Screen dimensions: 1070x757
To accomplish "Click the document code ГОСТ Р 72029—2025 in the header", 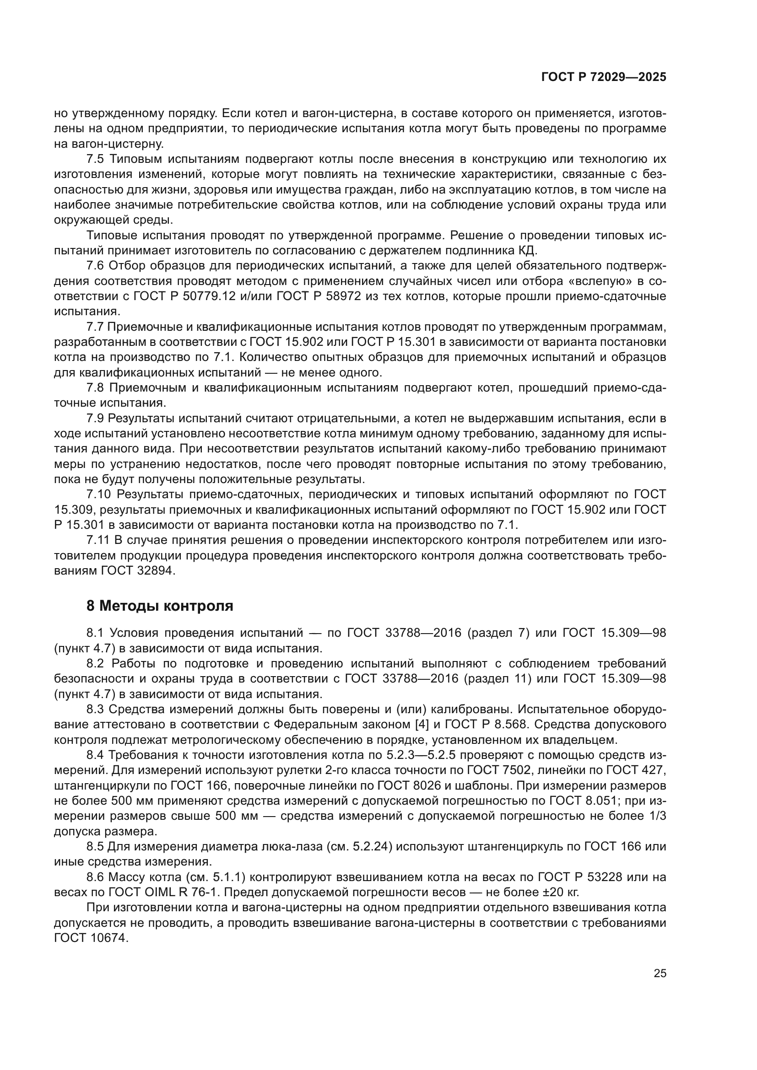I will [x=604, y=77].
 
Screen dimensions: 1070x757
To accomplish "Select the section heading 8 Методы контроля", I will [x=159, y=606].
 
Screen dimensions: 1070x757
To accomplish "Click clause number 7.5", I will [x=95, y=159].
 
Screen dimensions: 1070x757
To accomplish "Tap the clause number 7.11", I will [x=98, y=540].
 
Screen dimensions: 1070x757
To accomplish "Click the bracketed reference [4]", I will [x=422, y=724].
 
